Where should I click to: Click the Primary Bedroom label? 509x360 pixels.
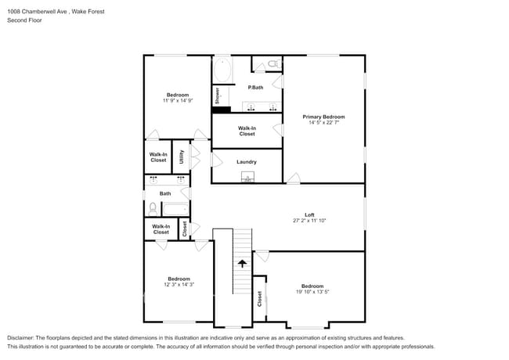[x=323, y=117]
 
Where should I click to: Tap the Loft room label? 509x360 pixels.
[x=309, y=215]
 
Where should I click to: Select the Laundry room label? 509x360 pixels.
[x=247, y=162]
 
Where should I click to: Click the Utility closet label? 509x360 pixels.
[x=182, y=156]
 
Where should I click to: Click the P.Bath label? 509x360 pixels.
[x=255, y=88]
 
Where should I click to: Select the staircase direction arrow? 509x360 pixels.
[x=242, y=264]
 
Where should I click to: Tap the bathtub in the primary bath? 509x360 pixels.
[x=222, y=69]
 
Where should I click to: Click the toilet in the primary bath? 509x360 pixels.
[x=273, y=63]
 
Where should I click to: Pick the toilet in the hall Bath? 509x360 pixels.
[x=153, y=208]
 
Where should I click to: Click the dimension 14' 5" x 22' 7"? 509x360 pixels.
[x=323, y=122]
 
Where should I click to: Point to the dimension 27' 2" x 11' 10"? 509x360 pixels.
[x=309, y=221]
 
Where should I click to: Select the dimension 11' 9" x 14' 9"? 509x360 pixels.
[x=177, y=100]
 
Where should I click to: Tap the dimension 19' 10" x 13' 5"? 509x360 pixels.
[x=312, y=292]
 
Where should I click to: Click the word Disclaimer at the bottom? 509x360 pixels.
[x=21, y=337]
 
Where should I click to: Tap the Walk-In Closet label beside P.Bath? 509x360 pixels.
[x=247, y=131]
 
